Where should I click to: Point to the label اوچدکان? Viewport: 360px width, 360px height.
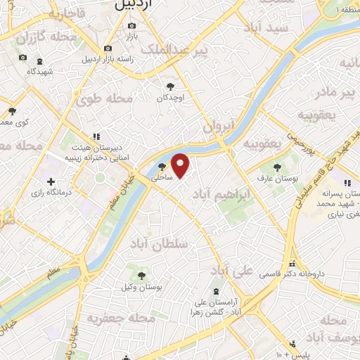[x=170, y=99]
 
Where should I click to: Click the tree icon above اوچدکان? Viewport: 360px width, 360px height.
[x=169, y=87]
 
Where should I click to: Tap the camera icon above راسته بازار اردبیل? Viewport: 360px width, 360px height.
[x=108, y=48]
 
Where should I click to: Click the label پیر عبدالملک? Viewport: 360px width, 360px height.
[x=175, y=50]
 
